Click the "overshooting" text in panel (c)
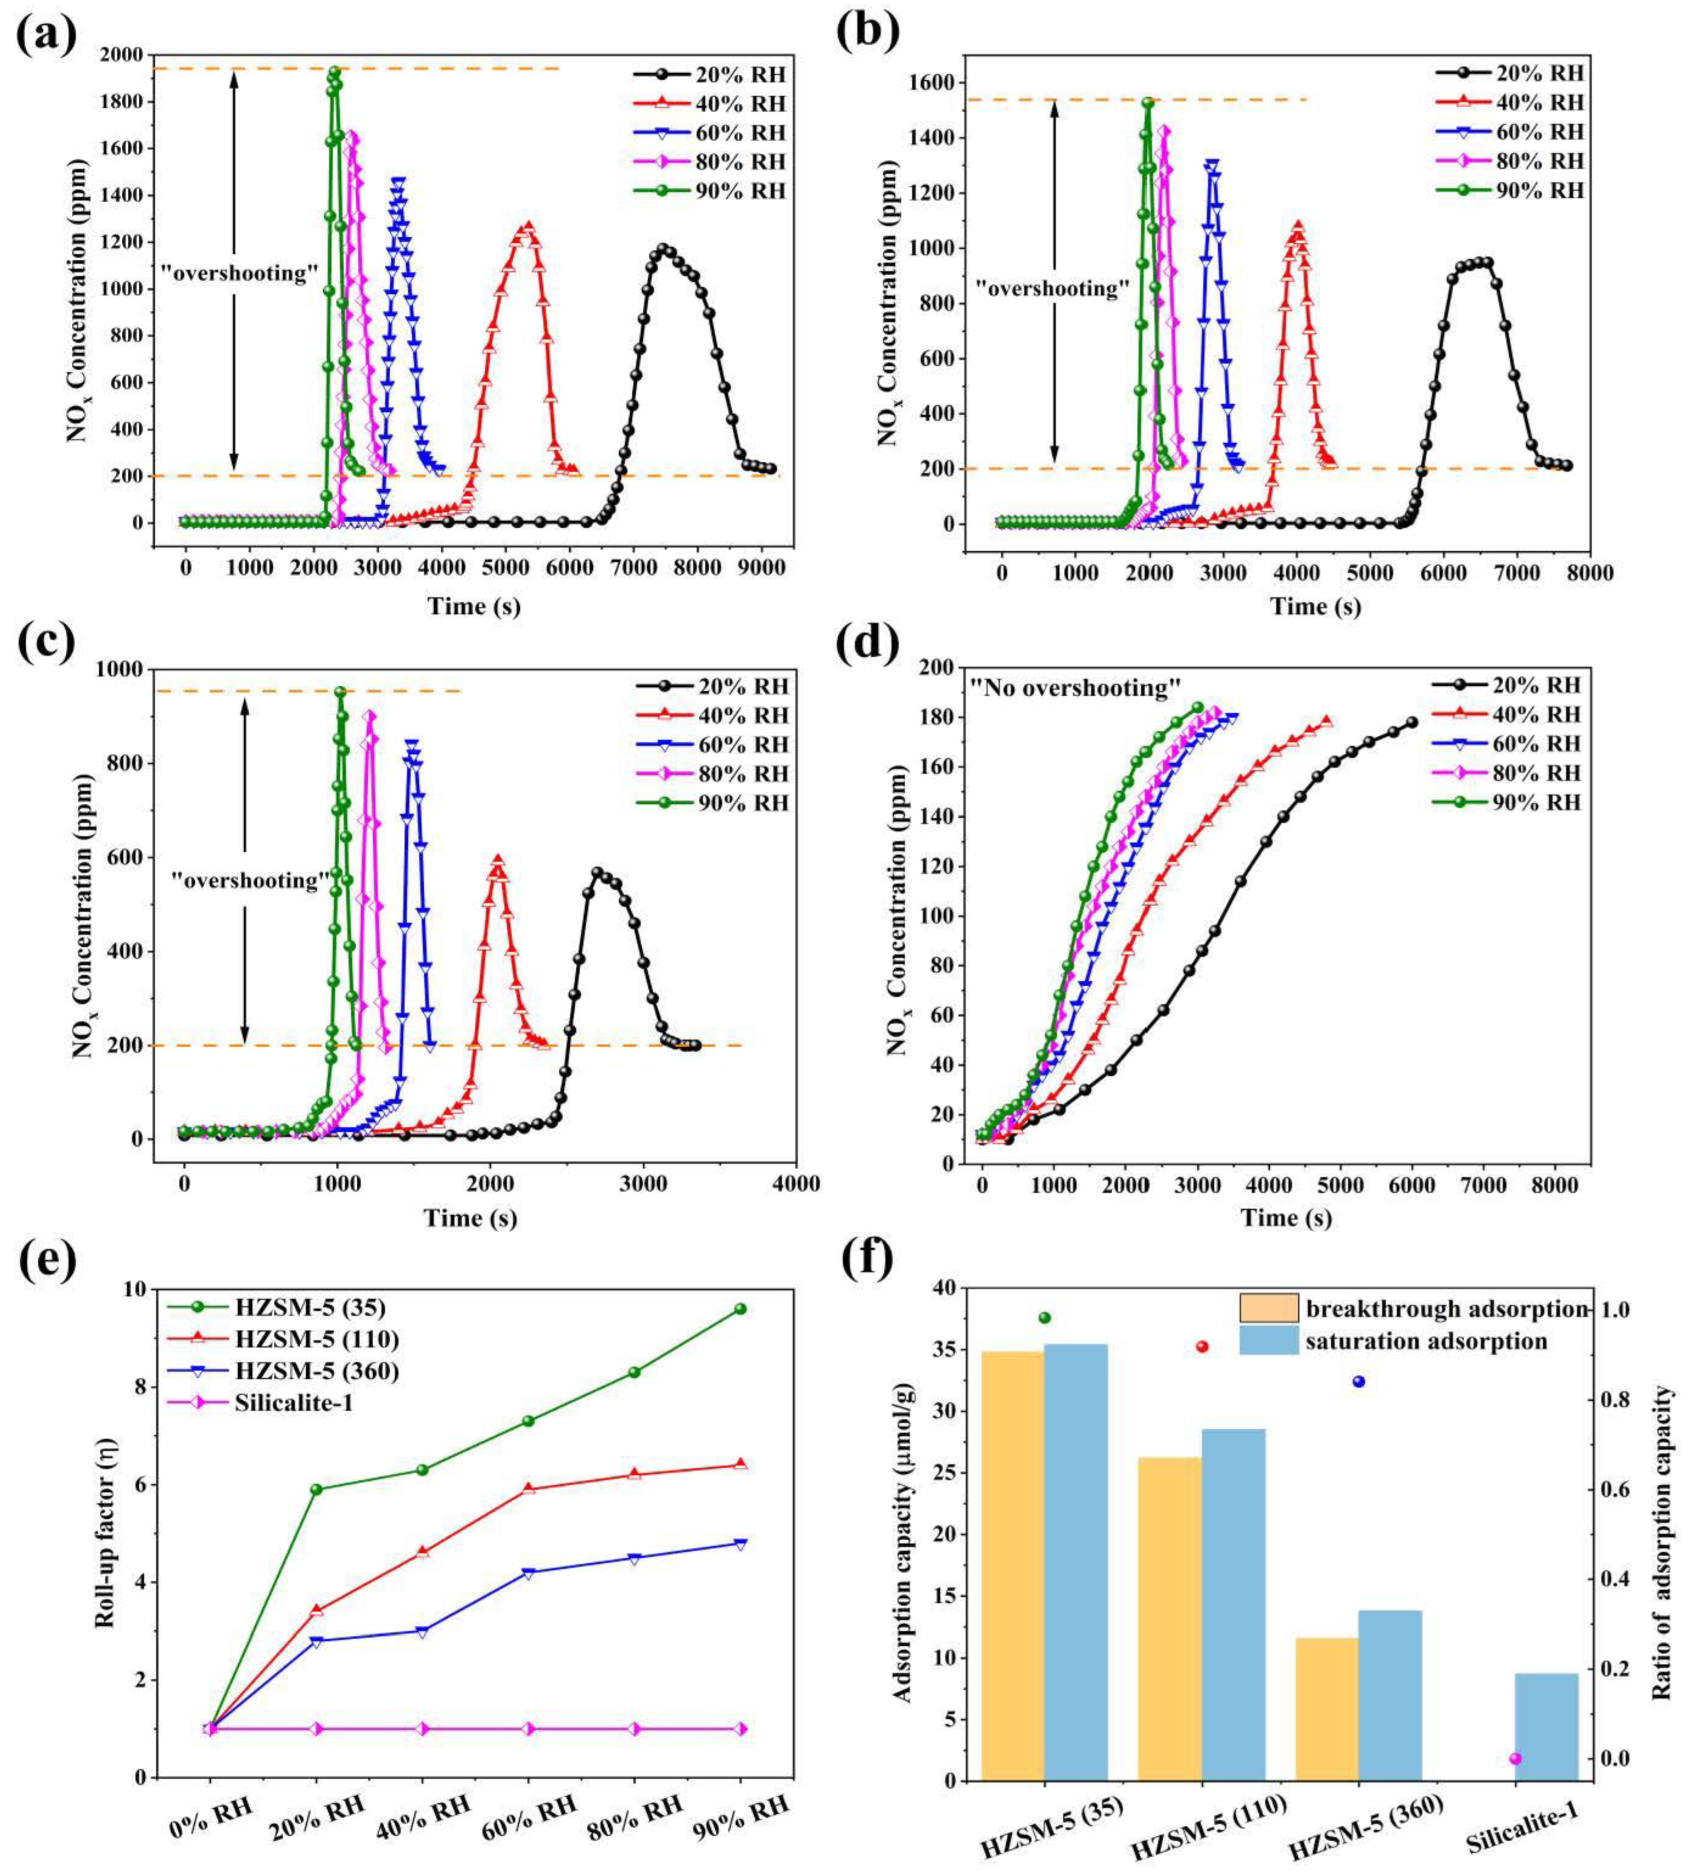pos(251,880)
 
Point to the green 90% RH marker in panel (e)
pos(740,1309)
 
